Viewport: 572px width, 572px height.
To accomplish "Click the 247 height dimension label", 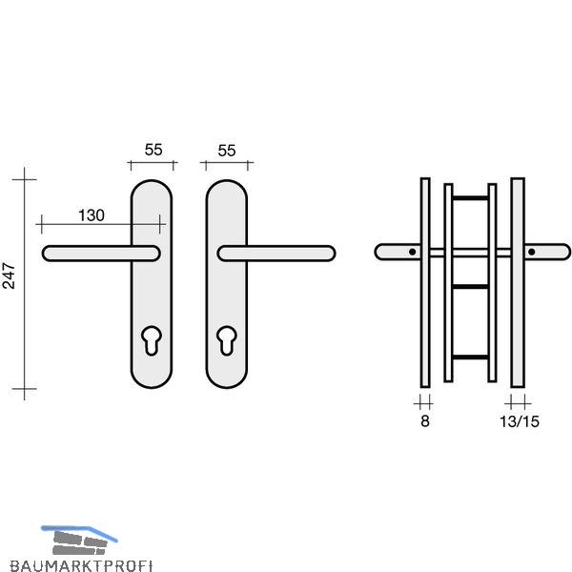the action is point(9,276).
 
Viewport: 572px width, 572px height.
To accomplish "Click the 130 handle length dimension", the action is point(92,215).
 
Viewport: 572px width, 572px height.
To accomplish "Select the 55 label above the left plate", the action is point(153,150).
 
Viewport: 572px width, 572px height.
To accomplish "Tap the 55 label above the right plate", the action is point(227,151).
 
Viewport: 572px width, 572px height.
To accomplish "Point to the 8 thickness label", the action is point(425,421).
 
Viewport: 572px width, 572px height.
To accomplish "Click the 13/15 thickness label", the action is point(520,421).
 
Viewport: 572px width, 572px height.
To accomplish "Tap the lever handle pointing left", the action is point(101,254).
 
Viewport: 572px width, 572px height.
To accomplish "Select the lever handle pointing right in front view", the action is point(276,254).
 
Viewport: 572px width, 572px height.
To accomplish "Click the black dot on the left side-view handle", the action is point(412,252).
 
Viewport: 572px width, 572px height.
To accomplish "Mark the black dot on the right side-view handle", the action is point(532,252).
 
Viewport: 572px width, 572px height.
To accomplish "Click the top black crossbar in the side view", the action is point(470,198).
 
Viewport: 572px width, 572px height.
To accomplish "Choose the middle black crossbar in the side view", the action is point(470,287).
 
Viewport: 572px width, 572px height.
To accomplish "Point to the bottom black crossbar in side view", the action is point(470,357).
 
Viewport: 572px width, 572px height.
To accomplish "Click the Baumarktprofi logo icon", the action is point(79,541).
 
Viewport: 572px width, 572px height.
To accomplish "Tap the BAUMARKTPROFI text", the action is point(81,565).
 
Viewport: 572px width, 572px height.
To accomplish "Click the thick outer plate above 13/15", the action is point(518,283).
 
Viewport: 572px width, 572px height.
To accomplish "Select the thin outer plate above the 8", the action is point(425,283).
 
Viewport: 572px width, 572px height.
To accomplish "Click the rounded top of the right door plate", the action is point(227,181).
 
